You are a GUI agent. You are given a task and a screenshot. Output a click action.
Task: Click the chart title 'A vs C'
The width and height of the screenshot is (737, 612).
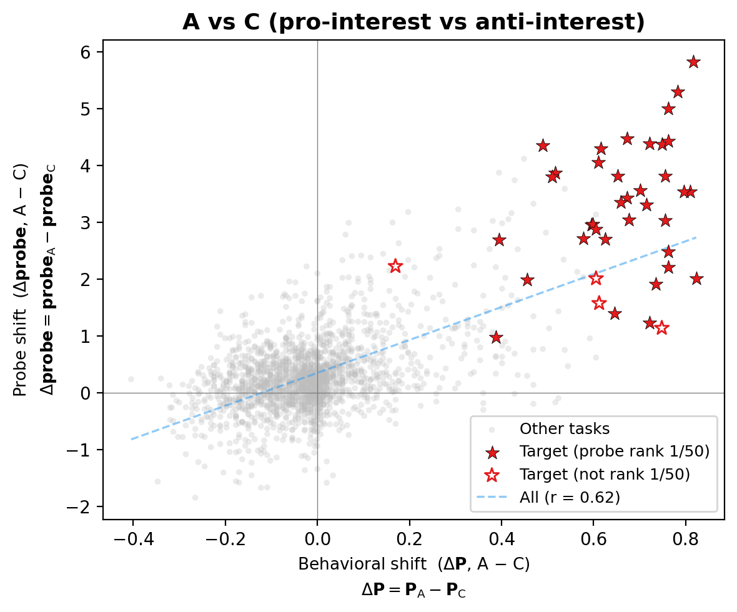point(413,22)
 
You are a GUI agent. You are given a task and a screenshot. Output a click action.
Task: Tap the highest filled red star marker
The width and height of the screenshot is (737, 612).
point(693,62)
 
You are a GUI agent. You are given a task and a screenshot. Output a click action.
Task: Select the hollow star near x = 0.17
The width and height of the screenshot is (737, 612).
point(395,266)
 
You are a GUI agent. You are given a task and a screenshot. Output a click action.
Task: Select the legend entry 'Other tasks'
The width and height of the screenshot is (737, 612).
point(565,429)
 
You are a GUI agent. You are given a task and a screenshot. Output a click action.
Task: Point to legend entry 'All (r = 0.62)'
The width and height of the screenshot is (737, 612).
point(569,497)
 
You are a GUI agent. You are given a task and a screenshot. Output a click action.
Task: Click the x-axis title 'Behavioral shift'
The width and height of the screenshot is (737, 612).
point(413,565)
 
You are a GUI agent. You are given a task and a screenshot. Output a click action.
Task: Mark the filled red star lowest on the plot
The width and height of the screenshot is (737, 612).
point(496,337)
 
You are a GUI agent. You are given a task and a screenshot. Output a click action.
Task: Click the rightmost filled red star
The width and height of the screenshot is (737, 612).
point(697,279)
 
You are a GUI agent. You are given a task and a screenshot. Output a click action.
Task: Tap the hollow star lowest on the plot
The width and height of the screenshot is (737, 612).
point(662,328)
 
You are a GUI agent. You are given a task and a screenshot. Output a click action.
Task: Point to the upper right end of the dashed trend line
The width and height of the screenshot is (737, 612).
point(696,237)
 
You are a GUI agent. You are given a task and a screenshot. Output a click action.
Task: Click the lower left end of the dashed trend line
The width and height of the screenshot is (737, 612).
point(131,439)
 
